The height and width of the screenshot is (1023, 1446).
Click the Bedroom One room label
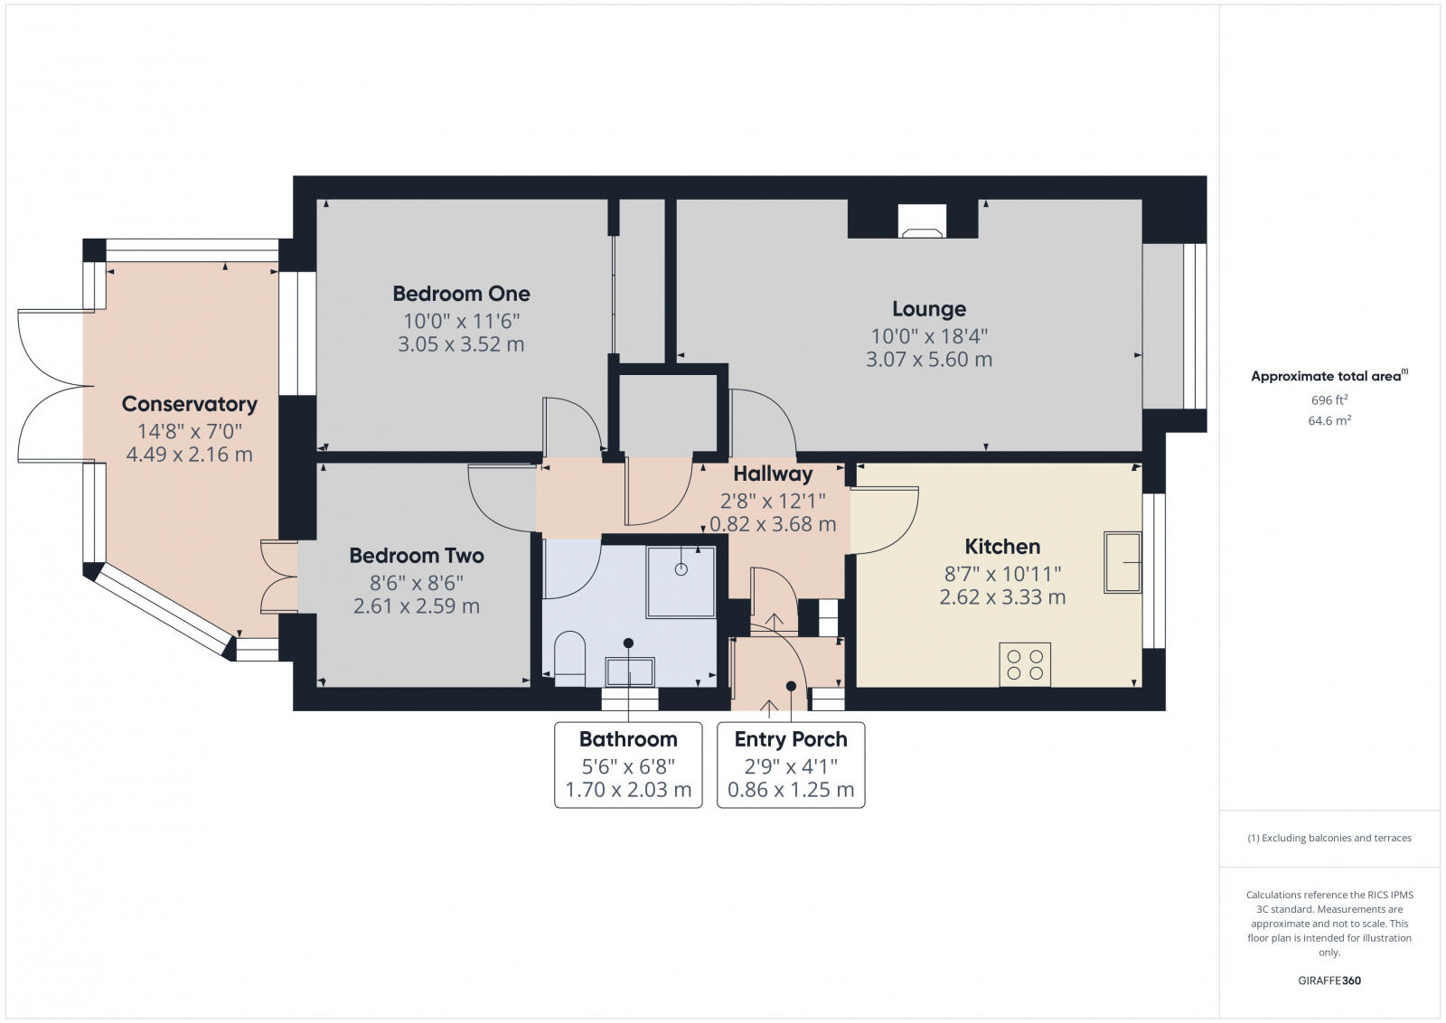click(461, 294)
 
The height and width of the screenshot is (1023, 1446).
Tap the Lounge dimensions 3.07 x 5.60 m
click(929, 360)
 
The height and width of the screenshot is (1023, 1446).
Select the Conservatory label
click(190, 404)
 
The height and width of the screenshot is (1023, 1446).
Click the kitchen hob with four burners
click(1025, 664)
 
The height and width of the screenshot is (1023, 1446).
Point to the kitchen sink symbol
click(1122, 562)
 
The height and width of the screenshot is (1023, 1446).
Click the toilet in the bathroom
click(569, 654)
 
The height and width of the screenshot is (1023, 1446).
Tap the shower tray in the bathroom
click(681, 582)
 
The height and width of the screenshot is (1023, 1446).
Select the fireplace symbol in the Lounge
click(921, 222)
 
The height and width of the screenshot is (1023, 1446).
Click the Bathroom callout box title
click(628, 739)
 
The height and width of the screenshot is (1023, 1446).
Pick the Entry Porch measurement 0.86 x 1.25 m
click(791, 790)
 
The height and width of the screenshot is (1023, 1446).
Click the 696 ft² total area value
click(1329, 399)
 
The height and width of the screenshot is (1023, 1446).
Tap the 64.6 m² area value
click(1329, 420)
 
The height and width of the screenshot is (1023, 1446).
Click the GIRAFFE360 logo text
click(1329, 981)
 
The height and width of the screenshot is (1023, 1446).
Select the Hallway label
click(773, 474)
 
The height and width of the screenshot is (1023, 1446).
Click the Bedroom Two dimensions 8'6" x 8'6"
click(417, 583)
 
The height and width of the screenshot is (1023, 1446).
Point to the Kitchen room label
click(1002, 547)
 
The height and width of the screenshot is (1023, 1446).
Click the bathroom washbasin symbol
click(630, 671)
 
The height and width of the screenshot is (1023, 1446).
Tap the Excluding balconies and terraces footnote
click(1329, 838)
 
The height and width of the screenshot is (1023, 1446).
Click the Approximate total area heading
click(1328, 376)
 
